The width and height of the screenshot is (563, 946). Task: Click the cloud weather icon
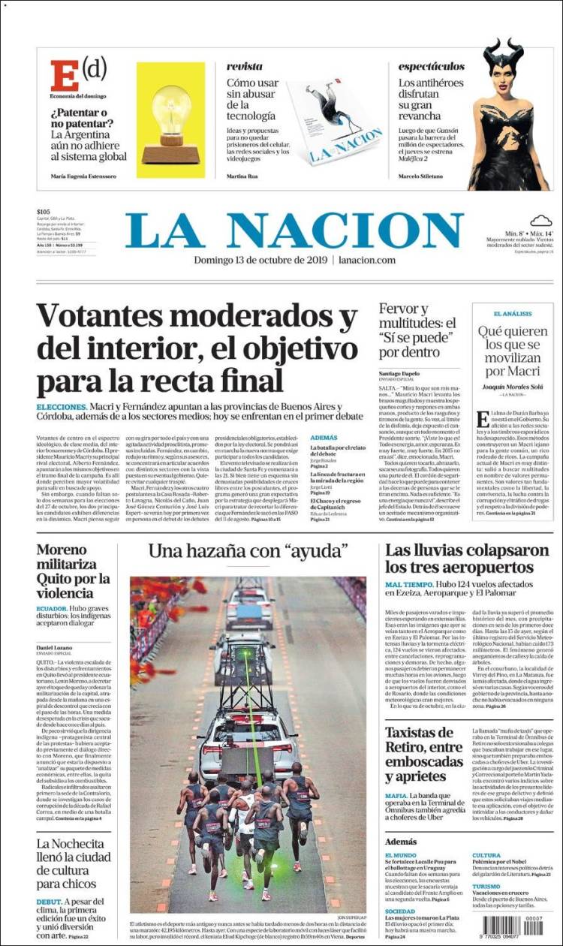(540, 221)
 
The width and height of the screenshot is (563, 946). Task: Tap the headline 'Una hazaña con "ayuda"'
(248, 551)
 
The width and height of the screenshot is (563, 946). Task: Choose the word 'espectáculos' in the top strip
(432, 67)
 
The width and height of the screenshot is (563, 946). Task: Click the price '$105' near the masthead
(43, 212)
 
